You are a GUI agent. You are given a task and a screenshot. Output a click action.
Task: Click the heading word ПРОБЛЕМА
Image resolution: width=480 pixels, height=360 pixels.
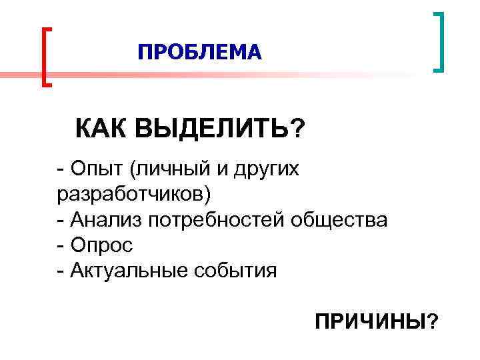pos(200,51)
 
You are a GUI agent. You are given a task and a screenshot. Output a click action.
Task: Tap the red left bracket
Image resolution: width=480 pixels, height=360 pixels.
pos(45,57)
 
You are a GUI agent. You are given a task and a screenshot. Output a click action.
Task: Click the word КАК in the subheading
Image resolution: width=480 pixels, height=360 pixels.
pos(101,127)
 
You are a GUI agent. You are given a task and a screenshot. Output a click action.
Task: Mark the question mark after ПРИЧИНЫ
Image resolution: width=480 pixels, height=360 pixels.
pos(433,323)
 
